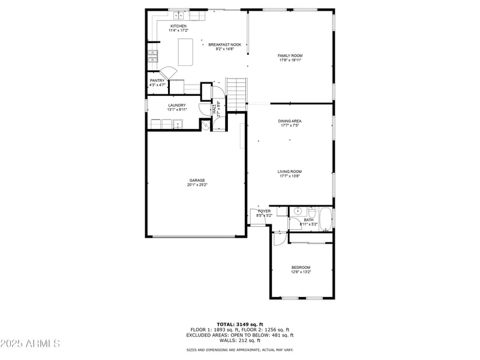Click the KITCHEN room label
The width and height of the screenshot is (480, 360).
(178, 26)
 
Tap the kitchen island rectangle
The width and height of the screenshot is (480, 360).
(185, 52)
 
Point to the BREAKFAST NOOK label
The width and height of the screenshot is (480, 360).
(224, 45)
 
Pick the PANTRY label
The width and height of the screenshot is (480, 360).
(157, 80)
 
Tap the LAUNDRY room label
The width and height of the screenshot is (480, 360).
(177, 106)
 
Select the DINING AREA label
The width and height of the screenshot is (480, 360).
(290, 121)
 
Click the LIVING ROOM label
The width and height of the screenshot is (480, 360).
(290, 172)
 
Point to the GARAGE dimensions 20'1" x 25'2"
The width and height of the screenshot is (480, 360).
(197, 185)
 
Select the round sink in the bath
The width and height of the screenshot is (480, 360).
(298, 211)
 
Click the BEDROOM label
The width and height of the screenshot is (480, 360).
(301, 268)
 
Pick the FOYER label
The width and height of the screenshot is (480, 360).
(264, 211)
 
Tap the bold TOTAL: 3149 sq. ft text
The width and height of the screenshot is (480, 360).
(239, 324)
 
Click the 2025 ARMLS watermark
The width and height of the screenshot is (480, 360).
(30, 344)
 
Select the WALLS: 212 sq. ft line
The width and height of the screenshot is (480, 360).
(239, 340)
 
